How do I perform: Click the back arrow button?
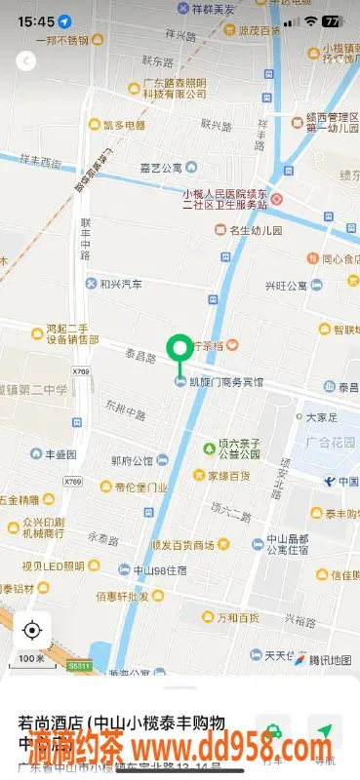pyautogui.click(x=27, y=61)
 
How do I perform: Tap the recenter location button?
pyautogui.click(x=32, y=630)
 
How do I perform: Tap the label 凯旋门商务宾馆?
pyautogui.click(x=225, y=382)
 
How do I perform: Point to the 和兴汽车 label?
pyautogui.click(x=120, y=285)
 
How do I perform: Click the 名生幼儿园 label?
pyautogui.click(x=255, y=231)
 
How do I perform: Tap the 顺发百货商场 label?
pyautogui.click(x=181, y=545)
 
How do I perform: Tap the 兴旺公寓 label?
pyautogui.click(x=286, y=286)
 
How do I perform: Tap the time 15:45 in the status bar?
pyautogui.click(x=34, y=20)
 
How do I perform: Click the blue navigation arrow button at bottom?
pyautogui.click(x=324, y=730)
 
